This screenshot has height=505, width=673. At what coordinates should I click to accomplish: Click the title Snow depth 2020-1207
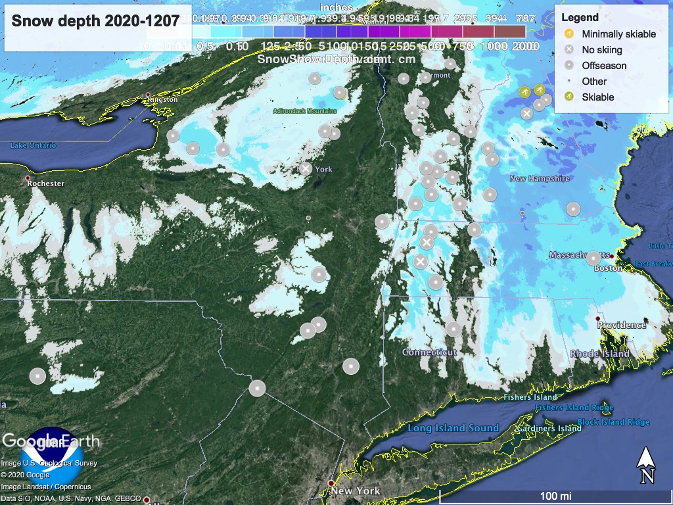tap(95, 21)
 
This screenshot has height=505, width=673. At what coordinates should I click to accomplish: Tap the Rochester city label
tap(45, 183)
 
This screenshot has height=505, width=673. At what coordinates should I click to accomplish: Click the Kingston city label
tap(163, 99)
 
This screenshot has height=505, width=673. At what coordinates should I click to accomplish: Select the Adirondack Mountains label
tap(305, 110)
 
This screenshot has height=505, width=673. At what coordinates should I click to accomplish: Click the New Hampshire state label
tap(540, 178)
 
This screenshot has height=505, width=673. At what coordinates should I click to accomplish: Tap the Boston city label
tap(607, 268)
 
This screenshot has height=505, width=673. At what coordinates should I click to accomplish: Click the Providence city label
tap(621, 325)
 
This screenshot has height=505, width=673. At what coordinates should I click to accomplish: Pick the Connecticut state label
tap(429, 352)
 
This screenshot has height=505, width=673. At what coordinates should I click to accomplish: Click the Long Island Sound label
tap(453, 428)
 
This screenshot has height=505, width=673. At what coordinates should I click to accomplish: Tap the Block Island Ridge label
tap(613, 422)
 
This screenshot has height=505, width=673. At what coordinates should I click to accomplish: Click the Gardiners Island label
tap(549, 429)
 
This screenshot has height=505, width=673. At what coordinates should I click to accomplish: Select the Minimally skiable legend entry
tap(618, 34)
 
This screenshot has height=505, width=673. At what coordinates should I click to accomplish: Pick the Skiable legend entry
tap(597, 97)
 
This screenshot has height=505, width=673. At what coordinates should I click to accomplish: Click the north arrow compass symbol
tap(646, 466)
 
